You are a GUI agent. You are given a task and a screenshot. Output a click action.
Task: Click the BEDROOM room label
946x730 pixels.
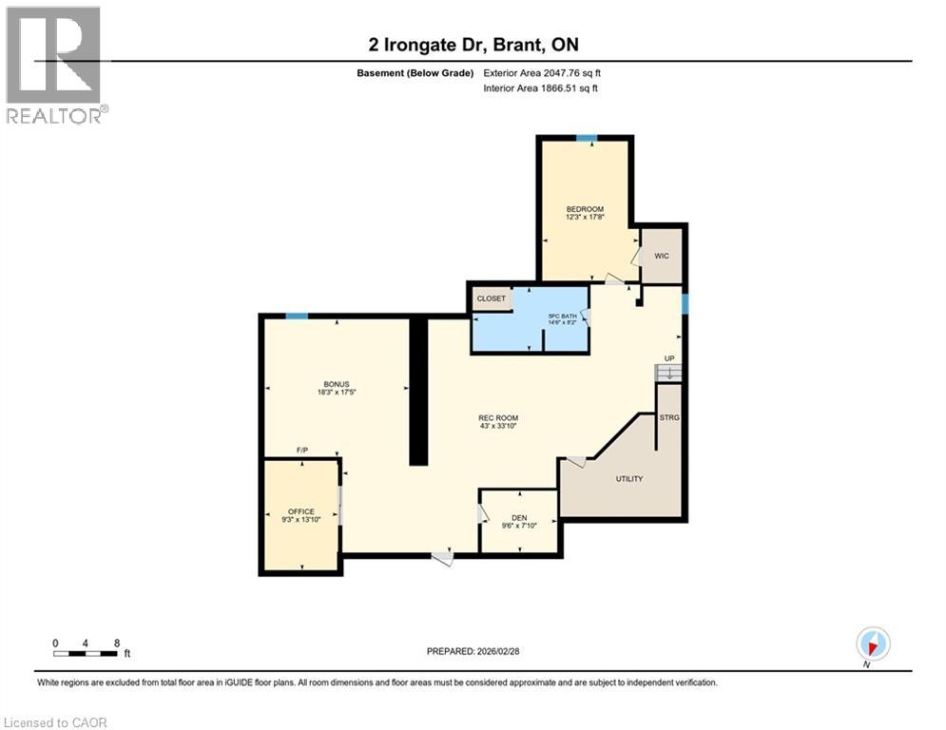(585, 209)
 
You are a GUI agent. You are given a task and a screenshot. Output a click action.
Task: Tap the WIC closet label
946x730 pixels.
(662, 256)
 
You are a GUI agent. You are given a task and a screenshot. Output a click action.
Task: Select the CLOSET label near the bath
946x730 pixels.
(492, 298)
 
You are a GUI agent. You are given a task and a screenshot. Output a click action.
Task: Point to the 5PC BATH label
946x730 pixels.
(562, 317)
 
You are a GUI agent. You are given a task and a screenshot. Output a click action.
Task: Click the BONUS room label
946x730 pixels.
(337, 384)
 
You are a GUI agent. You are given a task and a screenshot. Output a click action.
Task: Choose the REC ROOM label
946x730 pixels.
(498, 418)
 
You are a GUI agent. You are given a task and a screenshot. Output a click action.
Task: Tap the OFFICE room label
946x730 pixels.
(300, 511)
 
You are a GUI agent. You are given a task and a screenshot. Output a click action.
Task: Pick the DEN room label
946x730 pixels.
(519, 518)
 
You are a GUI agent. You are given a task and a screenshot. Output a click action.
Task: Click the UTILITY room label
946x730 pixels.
(629, 478)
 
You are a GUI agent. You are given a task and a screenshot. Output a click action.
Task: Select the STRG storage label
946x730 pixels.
(669, 417)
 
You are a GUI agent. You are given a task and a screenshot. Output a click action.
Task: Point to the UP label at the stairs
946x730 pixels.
(669, 359)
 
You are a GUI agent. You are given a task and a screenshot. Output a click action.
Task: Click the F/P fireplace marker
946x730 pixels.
(302, 450)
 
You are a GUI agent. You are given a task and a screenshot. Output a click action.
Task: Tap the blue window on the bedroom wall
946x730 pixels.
(587, 139)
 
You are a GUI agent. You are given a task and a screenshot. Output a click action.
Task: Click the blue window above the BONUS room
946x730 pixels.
(296, 316)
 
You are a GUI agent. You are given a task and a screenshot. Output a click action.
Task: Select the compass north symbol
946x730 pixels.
(872, 644)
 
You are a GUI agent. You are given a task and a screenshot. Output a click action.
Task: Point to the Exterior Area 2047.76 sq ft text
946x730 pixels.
(542, 72)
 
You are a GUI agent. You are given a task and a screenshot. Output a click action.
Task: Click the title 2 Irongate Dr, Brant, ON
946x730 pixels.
(473, 45)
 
